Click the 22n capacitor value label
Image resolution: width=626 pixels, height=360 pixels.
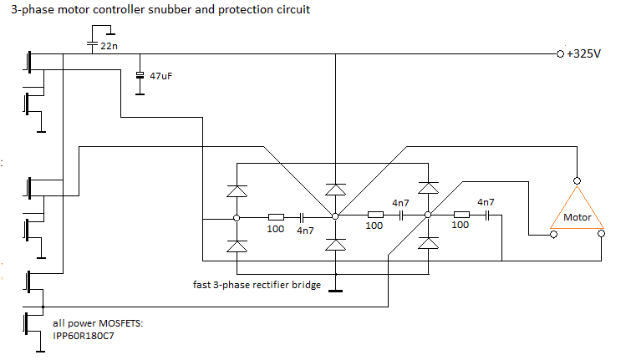[x=109, y=47]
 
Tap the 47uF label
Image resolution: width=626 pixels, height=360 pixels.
[x=161, y=76]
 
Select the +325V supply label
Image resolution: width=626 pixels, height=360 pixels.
[x=583, y=53]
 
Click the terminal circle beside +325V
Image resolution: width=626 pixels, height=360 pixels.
[x=559, y=53]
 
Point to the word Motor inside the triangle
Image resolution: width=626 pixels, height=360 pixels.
[x=578, y=217]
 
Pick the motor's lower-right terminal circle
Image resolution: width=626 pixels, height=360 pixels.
[x=602, y=236]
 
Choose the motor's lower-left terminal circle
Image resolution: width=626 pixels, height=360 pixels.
[x=552, y=236]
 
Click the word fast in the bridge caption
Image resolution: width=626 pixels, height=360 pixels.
[x=202, y=285]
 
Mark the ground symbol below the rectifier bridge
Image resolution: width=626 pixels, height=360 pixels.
[x=336, y=291]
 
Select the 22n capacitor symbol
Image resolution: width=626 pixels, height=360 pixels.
[x=92, y=46]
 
